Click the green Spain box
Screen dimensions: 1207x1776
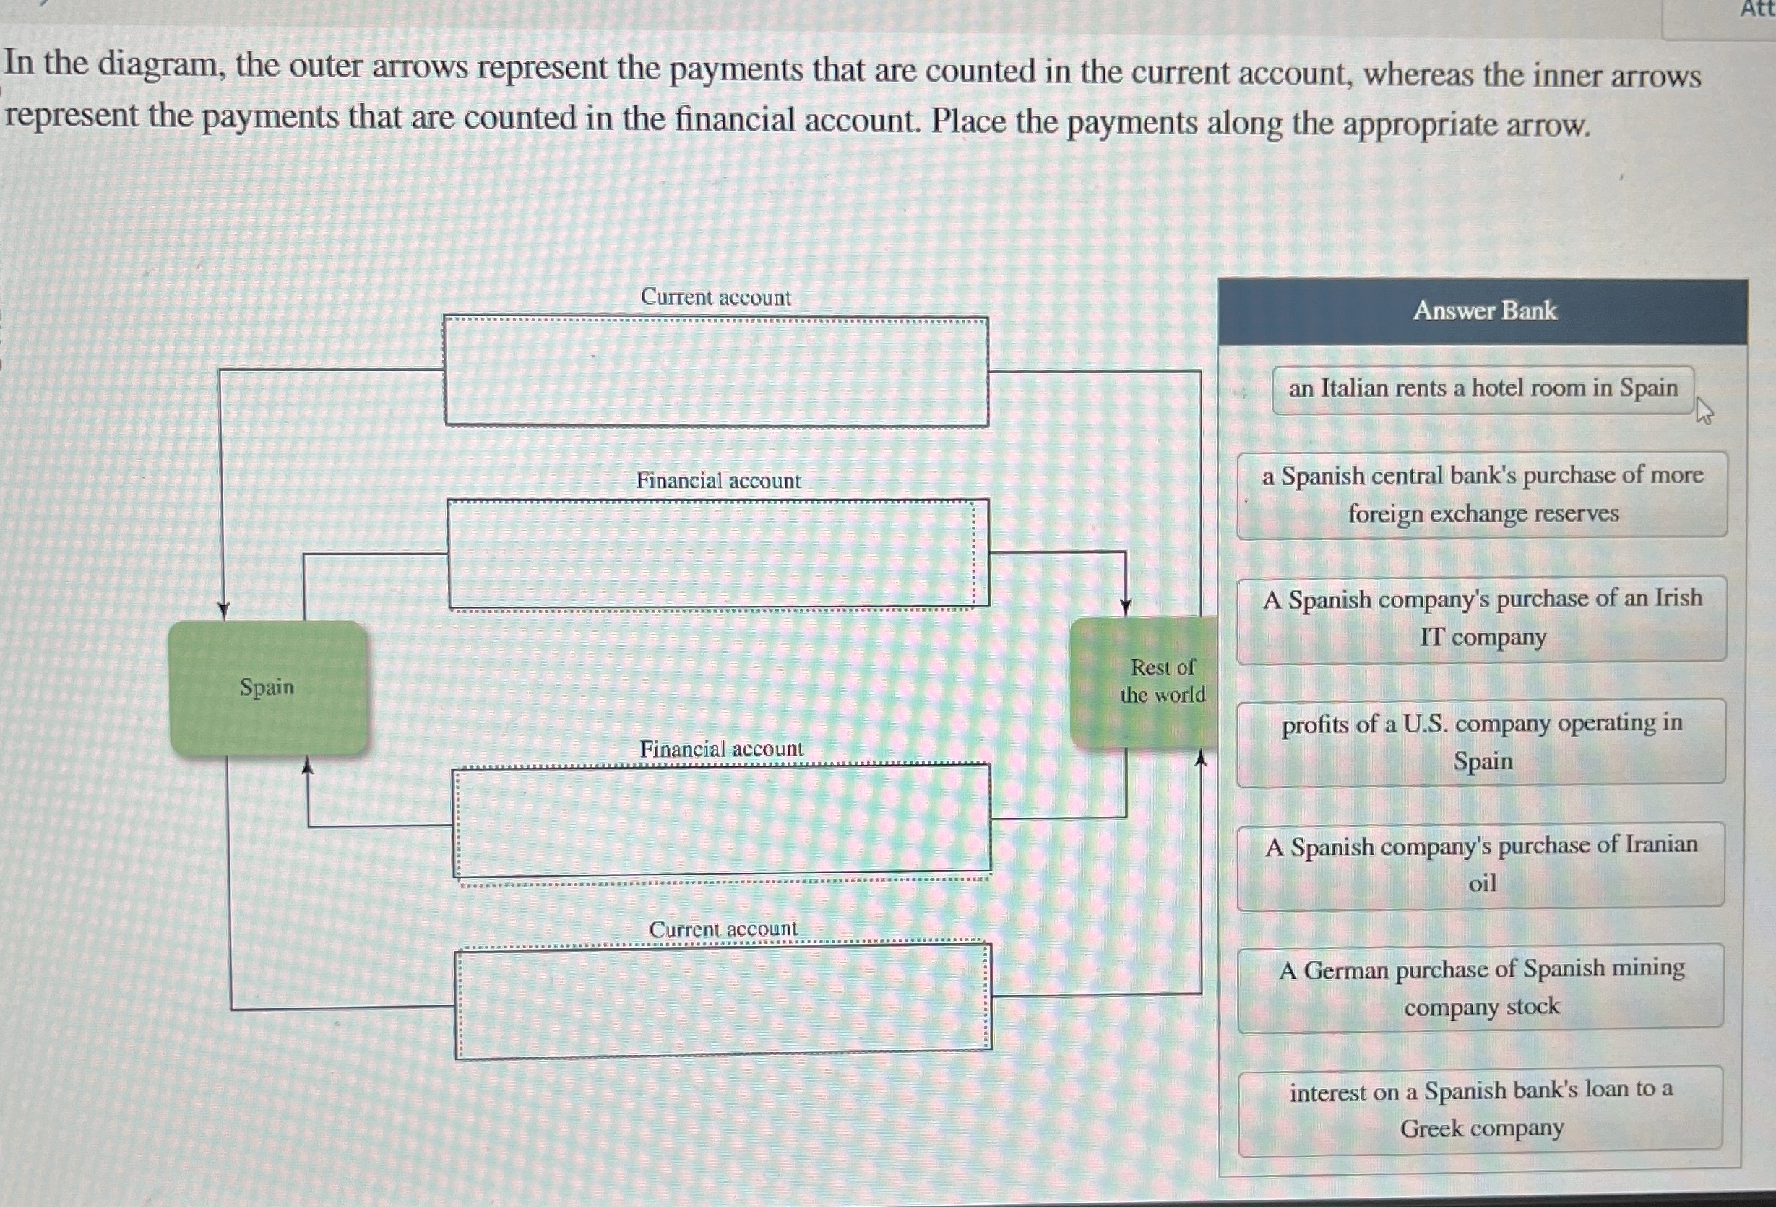[267, 688]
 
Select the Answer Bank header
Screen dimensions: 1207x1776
[1483, 311]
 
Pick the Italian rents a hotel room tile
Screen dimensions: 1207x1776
[1483, 389]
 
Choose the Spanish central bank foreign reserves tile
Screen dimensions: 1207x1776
[1482, 495]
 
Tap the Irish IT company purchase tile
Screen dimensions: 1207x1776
[1482, 619]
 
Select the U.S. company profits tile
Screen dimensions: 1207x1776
[1482, 742]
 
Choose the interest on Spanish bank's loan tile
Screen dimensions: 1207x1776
[1481, 1110]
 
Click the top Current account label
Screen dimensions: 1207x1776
[715, 297]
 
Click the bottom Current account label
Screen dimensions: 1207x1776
[723, 929]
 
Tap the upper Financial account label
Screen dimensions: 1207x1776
[718, 481]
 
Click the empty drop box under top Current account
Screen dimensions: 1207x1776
[716, 372]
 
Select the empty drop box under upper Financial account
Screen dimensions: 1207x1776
[717, 555]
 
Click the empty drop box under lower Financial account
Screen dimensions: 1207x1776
[722, 821]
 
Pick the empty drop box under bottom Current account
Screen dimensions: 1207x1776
[723, 1000]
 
